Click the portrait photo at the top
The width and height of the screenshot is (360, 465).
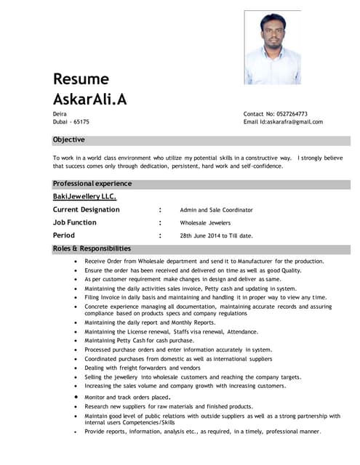click(x=272, y=47)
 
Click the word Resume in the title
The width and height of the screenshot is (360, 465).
click(x=81, y=79)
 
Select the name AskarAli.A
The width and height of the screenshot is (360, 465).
click(x=89, y=100)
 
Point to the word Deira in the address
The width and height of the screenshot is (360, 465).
click(x=60, y=114)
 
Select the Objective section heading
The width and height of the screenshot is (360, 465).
click(x=68, y=139)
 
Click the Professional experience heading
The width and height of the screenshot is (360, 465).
click(x=92, y=183)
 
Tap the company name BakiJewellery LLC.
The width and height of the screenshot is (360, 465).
click(x=84, y=196)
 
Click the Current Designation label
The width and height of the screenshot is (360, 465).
click(x=86, y=209)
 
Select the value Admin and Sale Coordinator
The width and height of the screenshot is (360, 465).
click(x=216, y=210)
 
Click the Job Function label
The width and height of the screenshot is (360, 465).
click(x=74, y=222)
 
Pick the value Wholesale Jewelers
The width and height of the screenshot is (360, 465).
click(x=205, y=223)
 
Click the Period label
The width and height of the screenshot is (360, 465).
click(x=63, y=235)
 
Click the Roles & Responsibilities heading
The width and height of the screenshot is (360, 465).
click(x=92, y=248)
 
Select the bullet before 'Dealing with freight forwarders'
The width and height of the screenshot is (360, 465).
click(x=76, y=368)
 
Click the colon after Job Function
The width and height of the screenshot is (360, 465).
click(x=160, y=222)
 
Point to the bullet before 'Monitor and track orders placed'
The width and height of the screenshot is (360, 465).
click(x=76, y=397)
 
